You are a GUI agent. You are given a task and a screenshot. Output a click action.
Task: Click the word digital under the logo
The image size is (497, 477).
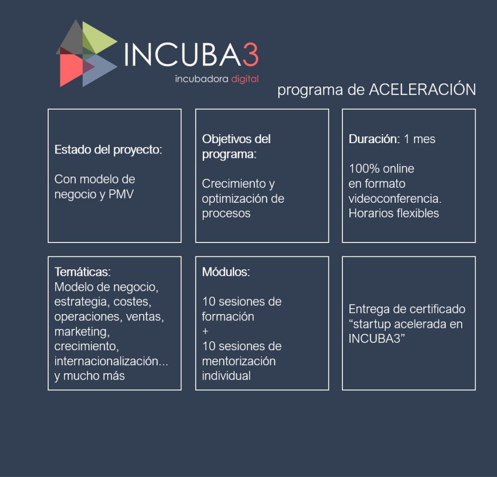[245, 79]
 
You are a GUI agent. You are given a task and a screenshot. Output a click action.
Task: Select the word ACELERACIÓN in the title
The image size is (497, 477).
[422, 90]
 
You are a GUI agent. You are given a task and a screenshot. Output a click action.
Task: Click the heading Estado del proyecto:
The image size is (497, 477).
[108, 150]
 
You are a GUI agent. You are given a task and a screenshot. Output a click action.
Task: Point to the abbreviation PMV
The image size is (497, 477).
[121, 194]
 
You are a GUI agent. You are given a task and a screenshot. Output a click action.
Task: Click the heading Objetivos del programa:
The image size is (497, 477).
[236, 147]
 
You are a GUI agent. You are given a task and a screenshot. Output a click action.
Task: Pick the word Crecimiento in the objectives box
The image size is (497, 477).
[234, 183]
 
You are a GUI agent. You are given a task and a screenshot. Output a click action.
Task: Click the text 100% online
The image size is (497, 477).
[381, 168]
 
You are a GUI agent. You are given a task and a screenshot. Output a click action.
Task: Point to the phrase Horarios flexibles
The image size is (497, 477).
[394, 213]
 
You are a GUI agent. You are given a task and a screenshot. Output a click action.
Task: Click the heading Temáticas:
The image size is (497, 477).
[83, 272]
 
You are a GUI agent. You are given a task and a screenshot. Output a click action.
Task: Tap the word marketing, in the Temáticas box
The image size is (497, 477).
[82, 332]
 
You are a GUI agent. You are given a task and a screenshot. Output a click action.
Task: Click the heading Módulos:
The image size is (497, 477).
[226, 272]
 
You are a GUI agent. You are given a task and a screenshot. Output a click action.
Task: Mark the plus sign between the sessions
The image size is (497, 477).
[205, 331]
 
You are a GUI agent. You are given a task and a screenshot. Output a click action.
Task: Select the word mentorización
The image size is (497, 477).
[239, 361]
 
